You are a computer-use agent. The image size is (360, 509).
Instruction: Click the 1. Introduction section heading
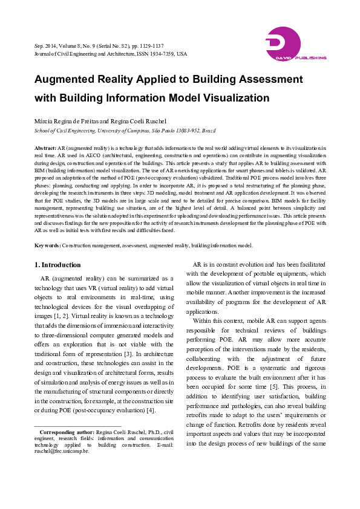click(57, 265)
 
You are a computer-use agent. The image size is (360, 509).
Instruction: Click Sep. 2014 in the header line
click(46, 46)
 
